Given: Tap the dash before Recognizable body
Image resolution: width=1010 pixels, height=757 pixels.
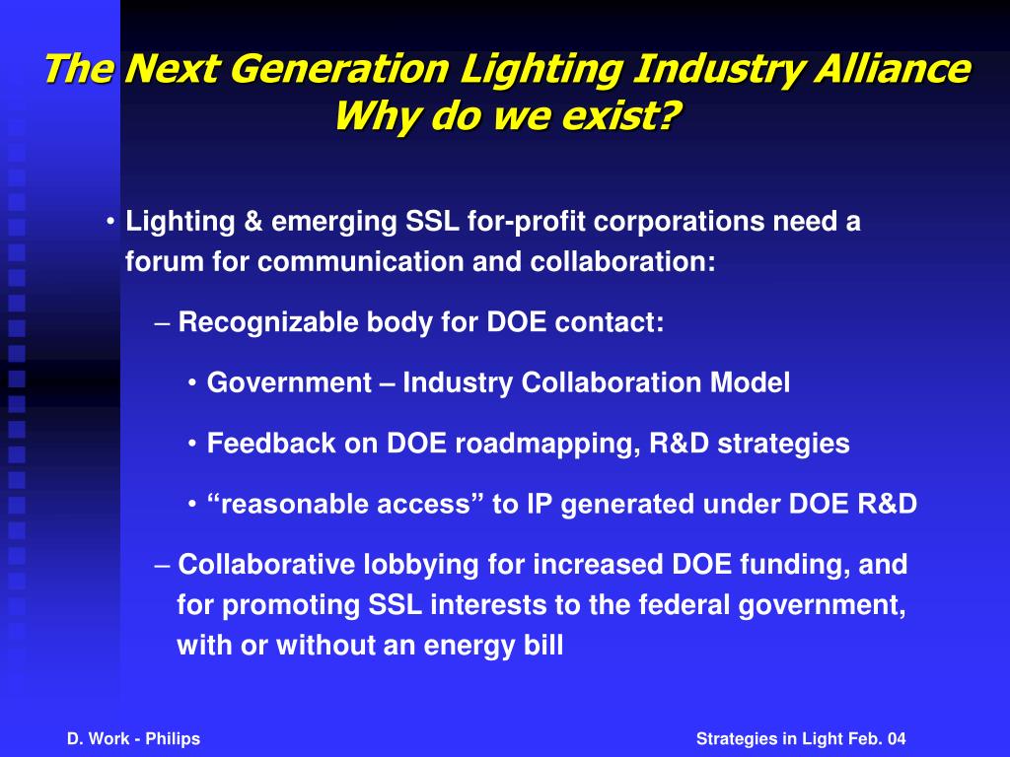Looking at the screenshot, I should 164,322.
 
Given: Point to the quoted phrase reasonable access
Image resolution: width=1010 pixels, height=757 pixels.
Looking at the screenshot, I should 345,505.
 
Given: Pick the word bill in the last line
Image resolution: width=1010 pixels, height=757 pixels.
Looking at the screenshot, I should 541,646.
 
